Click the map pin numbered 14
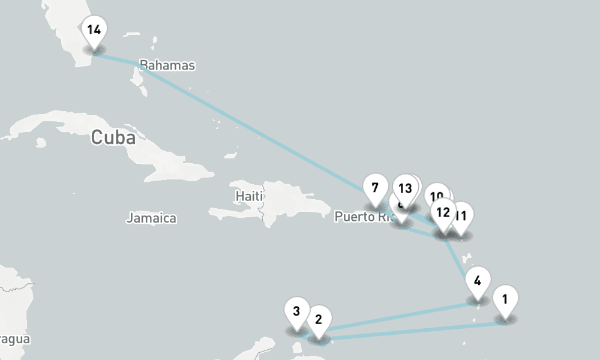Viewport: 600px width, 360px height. [94, 30]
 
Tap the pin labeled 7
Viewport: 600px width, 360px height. [375, 188]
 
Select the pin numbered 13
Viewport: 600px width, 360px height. [406, 188]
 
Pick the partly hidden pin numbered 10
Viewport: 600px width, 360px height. [437, 195]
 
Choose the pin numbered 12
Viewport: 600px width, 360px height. [443, 212]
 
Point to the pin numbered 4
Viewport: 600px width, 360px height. [477, 281]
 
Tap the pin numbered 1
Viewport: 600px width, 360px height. [505, 299]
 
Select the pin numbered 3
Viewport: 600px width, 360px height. [296, 311]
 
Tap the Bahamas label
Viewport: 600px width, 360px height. [167, 65]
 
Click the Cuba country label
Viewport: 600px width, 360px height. [113, 137]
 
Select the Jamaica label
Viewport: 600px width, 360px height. [151, 218]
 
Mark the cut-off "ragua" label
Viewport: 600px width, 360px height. [14, 339]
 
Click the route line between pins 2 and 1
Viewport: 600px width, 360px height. [414, 331]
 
